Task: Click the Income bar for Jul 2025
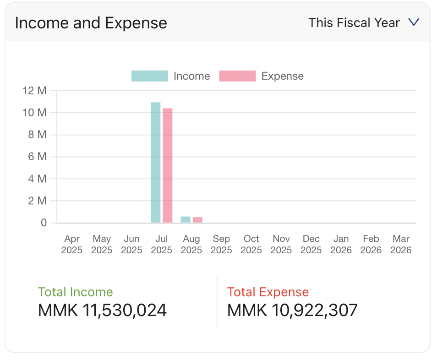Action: [156, 163]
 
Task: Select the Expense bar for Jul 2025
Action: [168, 165]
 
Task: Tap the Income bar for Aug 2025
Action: [186, 220]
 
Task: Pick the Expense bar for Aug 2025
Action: [197, 220]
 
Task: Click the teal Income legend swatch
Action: [149, 76]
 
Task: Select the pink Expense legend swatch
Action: [237, 76]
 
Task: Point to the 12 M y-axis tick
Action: [35, 91]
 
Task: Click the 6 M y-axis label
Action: [35, 157]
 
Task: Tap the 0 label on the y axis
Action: [44, 223]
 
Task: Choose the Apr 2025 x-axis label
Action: [72, 244]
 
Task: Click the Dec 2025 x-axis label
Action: [311, 244]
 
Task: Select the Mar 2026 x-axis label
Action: [401, 244]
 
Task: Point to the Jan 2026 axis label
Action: [341, 244]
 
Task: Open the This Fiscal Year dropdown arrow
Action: [414, 22]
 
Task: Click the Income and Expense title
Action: [91, 23]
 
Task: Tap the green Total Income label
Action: [75, 292]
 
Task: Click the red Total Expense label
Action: [268, 292]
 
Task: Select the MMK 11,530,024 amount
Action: [102, 311]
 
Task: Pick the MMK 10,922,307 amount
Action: [292, 311]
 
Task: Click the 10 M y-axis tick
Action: [35, 113]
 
